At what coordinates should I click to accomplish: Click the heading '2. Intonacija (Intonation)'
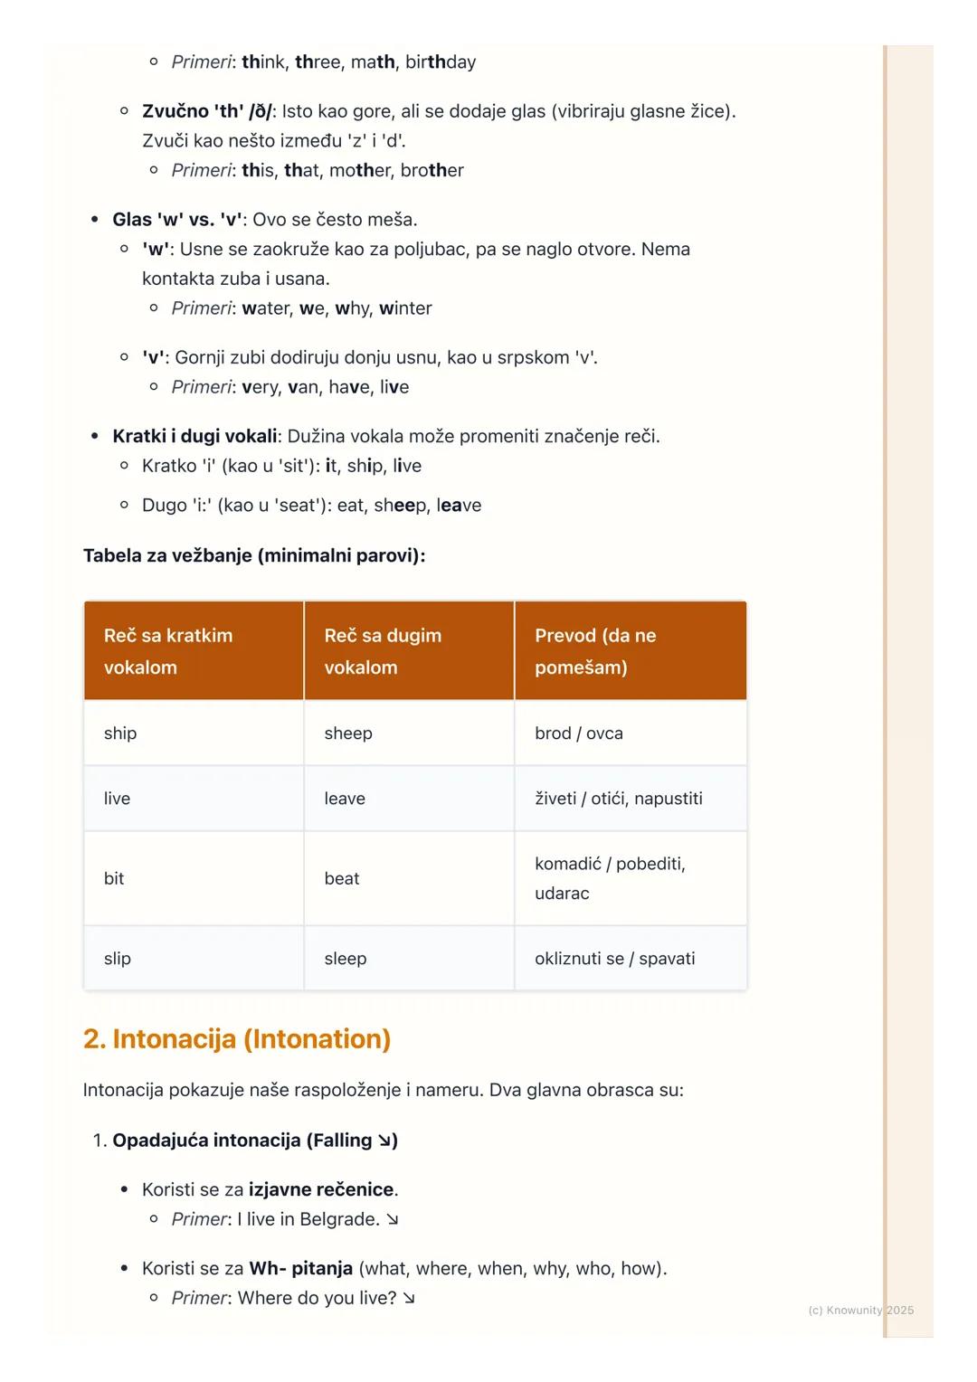point(237,1039)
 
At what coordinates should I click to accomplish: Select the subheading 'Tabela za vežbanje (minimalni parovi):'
point(254,555)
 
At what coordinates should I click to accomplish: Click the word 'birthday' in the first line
point(441,62)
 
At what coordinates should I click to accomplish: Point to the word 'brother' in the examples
point(432,171)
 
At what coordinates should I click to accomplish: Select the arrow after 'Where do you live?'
point(409,1299)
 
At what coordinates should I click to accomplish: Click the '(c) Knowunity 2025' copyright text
point(860,1310)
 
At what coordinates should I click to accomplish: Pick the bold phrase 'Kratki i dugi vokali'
point(194,437)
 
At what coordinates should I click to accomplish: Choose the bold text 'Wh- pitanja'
point(300,1269)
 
